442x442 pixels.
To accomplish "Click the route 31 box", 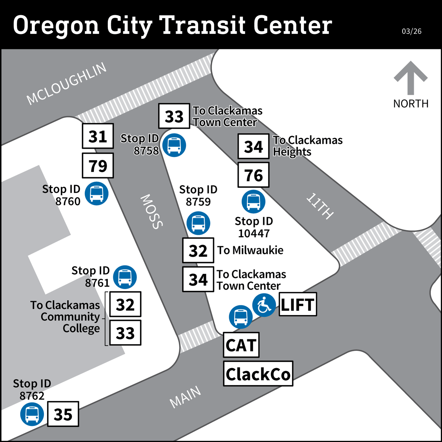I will pos(98,136).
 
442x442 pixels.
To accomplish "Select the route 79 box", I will pos(98,165).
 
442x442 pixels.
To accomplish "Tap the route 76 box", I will pos(253,175).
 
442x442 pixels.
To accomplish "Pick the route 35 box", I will pos(63,414).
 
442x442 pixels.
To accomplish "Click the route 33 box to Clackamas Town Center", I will pos(174,116).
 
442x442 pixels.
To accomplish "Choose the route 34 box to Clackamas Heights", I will pos(253,146).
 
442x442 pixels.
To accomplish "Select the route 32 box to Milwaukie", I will pos(198,250).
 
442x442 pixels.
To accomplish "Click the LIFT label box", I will pos(298,304).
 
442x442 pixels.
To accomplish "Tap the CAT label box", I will pos(241,345).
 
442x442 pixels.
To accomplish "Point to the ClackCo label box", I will pos(258,374).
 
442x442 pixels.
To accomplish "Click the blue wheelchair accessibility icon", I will pos(264,305).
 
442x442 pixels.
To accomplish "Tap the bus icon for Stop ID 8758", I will pos(174,145).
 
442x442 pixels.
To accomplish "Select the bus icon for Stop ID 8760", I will pos(97,193).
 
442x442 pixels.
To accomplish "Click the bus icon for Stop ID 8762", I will pos(32,414).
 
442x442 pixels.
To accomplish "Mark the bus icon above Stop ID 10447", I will pos(253,202).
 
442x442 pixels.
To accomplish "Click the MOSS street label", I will pos(152,212).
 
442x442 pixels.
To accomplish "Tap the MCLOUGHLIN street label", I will pos(67,83).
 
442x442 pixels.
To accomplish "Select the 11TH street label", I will pos(320,206).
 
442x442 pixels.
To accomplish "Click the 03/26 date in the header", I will pos(411,31).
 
